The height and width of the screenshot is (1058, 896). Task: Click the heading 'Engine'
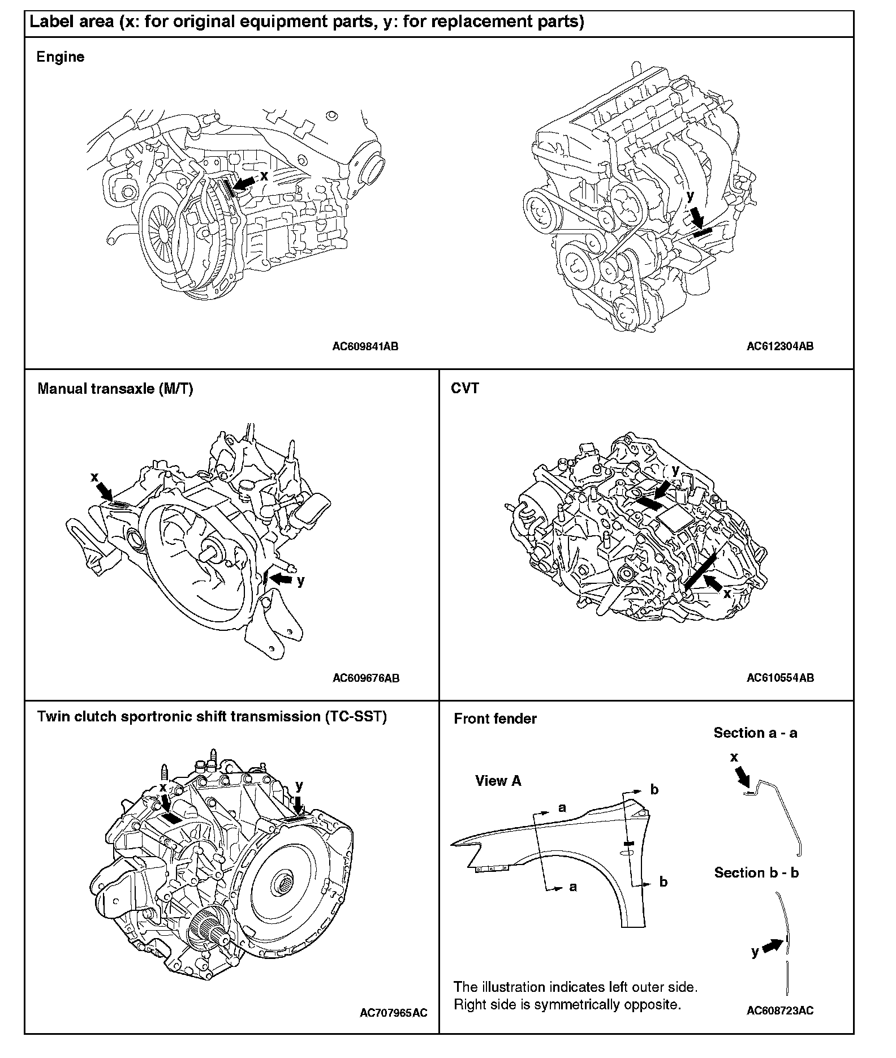[60, 57]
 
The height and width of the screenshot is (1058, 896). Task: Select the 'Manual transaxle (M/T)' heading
[115, 389]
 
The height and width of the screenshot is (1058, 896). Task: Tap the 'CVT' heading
[465, 389]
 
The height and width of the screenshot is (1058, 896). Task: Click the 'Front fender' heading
[495, 719]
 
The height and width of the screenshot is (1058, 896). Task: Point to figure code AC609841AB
[365, 347]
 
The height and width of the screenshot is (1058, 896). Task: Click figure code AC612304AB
[780, 346]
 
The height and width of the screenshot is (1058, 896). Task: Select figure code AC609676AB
[366, 678]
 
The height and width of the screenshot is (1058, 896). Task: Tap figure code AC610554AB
[780, 678]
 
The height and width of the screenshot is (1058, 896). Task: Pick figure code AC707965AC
[394, 1013]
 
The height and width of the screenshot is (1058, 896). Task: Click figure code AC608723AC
[780, 1011]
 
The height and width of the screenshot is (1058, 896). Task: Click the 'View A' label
[498, 781]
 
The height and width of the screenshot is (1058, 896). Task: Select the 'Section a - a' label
[755, 733]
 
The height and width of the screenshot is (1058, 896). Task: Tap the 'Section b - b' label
[756, 873]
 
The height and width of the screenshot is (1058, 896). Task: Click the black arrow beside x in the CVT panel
[713, 583]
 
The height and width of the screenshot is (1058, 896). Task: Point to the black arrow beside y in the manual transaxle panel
[281, 579]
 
